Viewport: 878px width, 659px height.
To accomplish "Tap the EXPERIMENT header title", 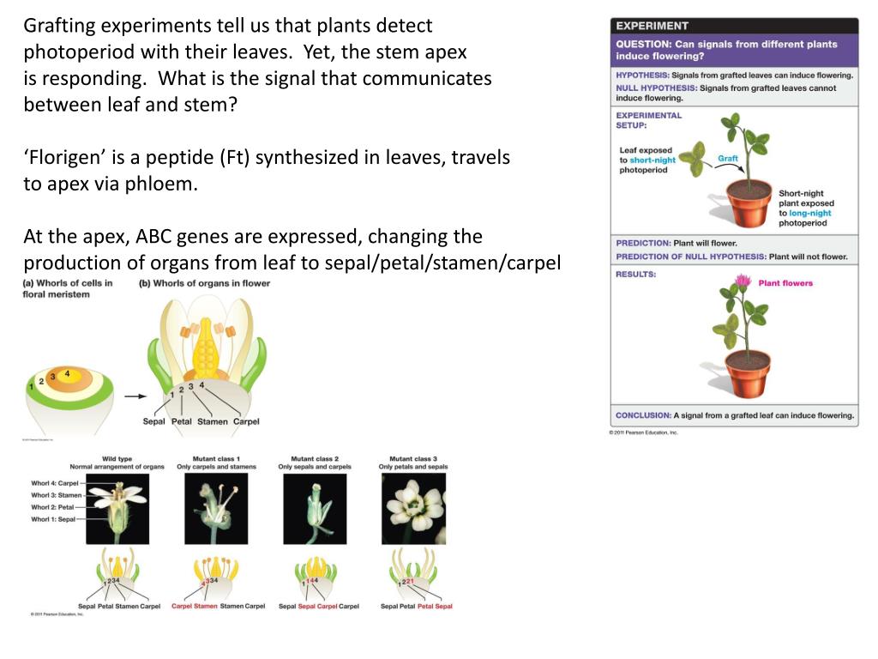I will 652,26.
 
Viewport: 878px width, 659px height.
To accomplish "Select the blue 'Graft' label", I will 728,159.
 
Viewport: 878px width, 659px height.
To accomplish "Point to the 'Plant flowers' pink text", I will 785,283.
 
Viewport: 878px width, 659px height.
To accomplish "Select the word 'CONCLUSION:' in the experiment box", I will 643,415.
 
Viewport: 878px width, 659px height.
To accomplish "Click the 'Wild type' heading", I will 117,459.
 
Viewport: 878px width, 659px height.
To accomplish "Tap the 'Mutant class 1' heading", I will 217,459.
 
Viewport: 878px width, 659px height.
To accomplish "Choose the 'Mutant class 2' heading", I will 315,459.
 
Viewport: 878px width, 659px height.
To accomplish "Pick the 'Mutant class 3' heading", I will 413,459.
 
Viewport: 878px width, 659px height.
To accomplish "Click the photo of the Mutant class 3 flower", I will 414,509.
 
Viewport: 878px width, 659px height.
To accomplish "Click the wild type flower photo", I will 117,509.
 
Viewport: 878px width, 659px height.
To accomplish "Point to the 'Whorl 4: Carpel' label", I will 55,483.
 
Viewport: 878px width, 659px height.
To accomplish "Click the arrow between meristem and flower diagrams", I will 135,396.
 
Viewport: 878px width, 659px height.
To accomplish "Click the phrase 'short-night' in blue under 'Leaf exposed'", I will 652,160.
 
